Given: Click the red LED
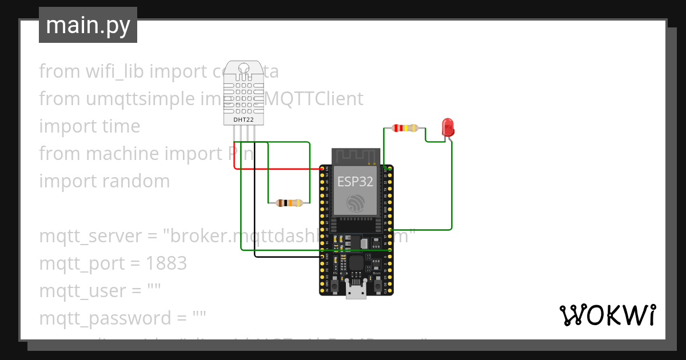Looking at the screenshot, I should [448, 126].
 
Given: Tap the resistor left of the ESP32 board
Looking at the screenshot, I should [289, 202].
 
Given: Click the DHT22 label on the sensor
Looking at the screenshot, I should [244, 120].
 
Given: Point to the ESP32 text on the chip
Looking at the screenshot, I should [355, 182].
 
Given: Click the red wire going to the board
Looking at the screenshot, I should [274, 169].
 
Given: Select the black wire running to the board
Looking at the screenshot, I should [286, 257].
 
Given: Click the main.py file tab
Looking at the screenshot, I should [88, 25].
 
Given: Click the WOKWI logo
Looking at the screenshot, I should [607, 315].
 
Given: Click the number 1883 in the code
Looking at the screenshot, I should [166, 263].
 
